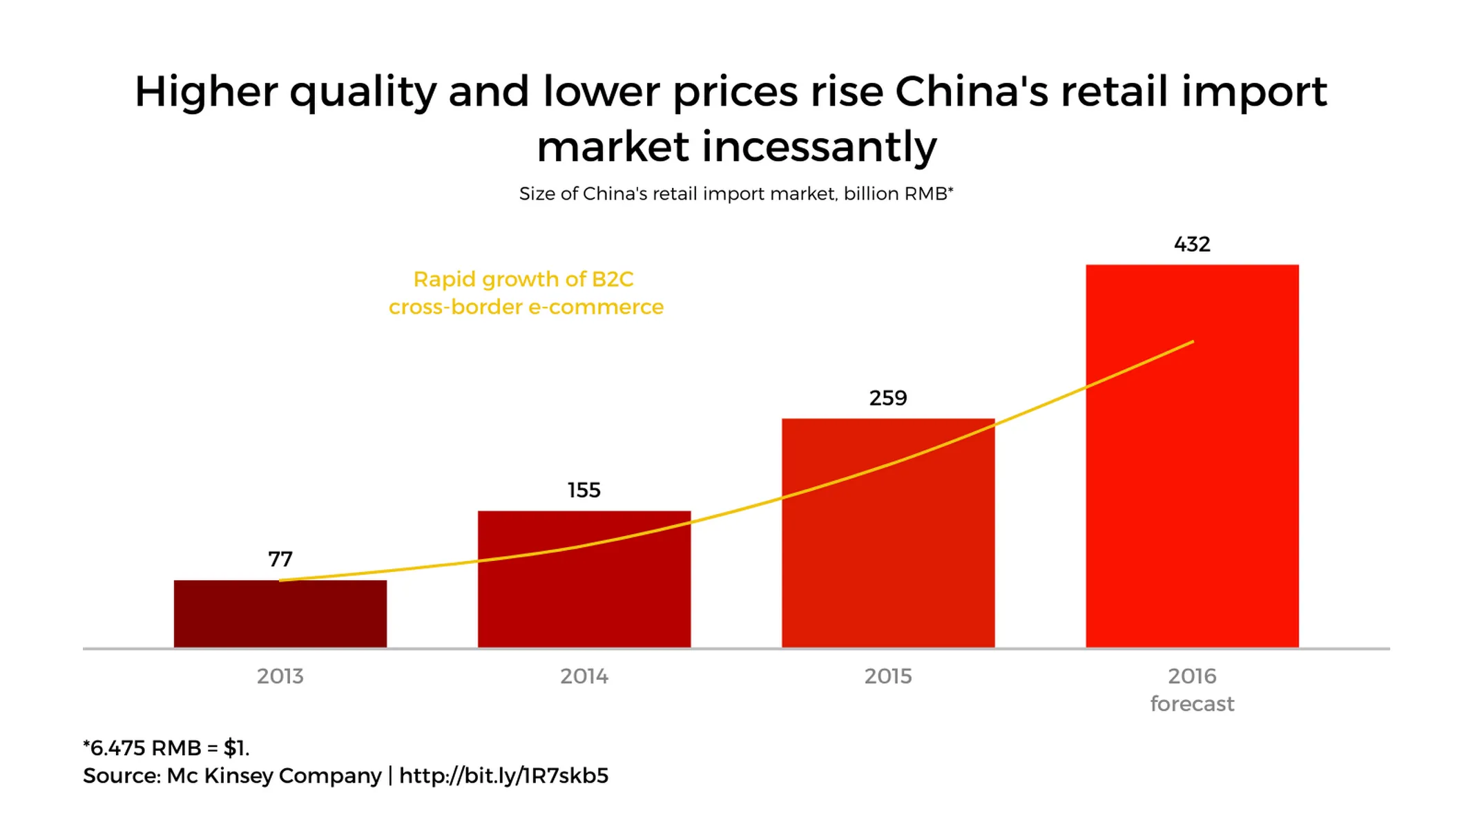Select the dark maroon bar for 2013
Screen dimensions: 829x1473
click(x=280, y=614)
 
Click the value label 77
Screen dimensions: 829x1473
click(x=280, y=559)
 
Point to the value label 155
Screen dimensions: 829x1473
click(x=584, y=490)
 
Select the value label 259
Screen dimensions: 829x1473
click(x=887, y=398)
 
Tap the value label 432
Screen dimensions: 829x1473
click(x=1191, y=245)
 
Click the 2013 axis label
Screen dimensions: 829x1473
click(x=280, y=676)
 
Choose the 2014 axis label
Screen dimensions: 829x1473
click(x=584, y=676)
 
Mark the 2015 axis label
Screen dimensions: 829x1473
click(x=887, y=676)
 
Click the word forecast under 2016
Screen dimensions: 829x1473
click(x=1191, y=704)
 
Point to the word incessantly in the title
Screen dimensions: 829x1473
click(x=819, y=147)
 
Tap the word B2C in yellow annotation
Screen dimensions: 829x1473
click(x=612, y=279)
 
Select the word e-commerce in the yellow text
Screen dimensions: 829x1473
click(x=595, y=307)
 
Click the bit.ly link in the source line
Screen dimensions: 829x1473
click(x=503, y=776)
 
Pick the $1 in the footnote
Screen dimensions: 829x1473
click(x=235, y=748)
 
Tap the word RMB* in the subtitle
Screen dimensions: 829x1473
click(x=928, y=194)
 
